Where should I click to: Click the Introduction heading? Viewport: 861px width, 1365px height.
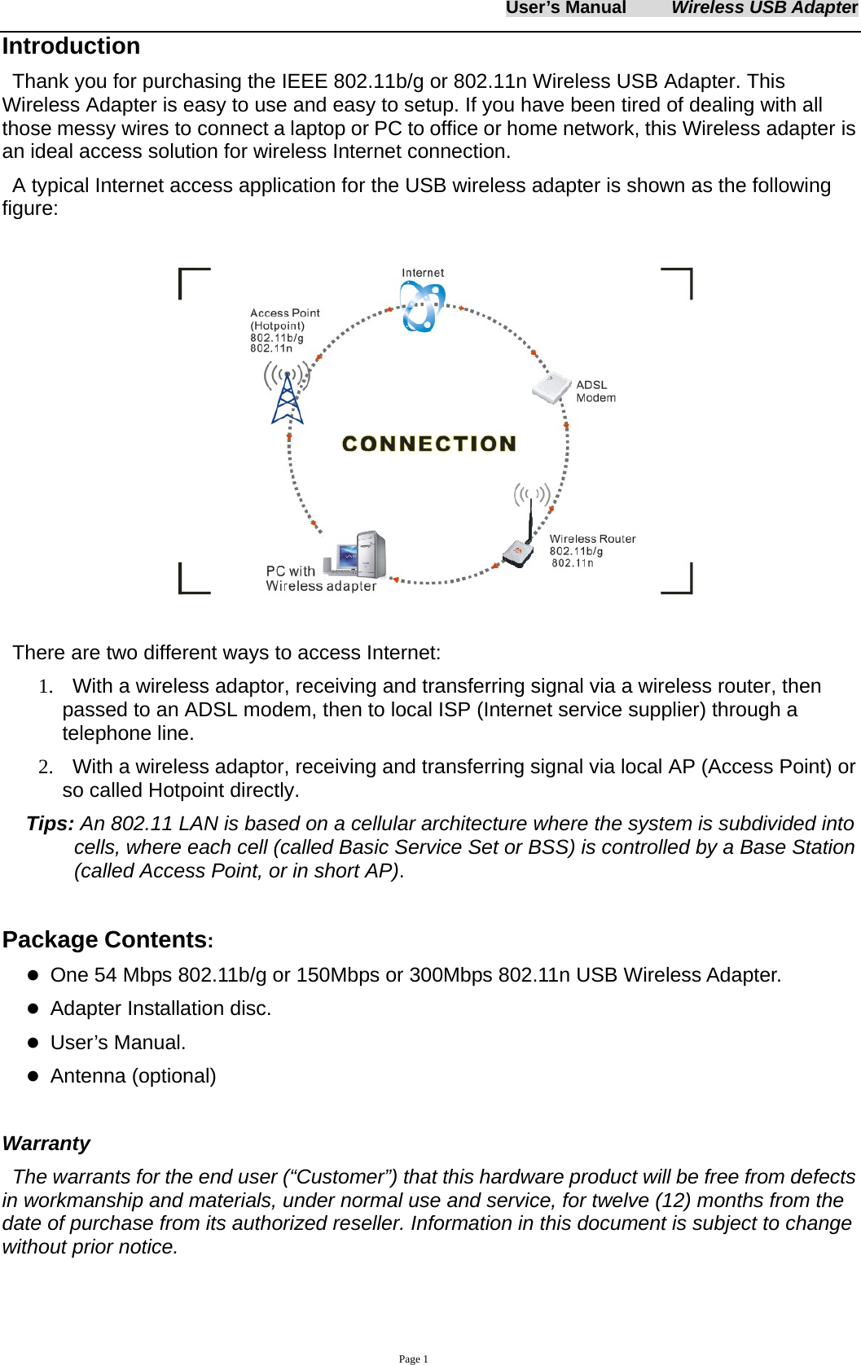pos(71,46)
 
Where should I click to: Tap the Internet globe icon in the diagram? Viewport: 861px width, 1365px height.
pos(422,307)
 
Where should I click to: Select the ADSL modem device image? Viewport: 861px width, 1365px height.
pos(551,388)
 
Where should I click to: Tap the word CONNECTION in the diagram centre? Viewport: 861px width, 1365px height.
pos(429,444)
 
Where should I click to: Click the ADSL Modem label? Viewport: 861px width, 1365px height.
pos(595,392)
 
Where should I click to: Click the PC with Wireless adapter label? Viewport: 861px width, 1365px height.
pos(320,579)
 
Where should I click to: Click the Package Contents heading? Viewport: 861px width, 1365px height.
pos(107,940)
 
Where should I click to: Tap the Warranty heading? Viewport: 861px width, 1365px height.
pos(46,1144)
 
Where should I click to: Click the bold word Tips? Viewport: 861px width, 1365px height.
pos(50,824)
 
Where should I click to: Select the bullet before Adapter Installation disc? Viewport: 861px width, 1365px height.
pos(33,1008)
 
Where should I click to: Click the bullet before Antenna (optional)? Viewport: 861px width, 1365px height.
pos(33,1076)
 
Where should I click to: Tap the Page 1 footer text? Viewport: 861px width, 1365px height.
pos(413,1358)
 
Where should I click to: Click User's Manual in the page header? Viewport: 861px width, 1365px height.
pos(565,8)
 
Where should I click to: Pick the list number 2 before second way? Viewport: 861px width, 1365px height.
pos(45,767)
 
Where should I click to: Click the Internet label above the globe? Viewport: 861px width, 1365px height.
pos(423,273)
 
